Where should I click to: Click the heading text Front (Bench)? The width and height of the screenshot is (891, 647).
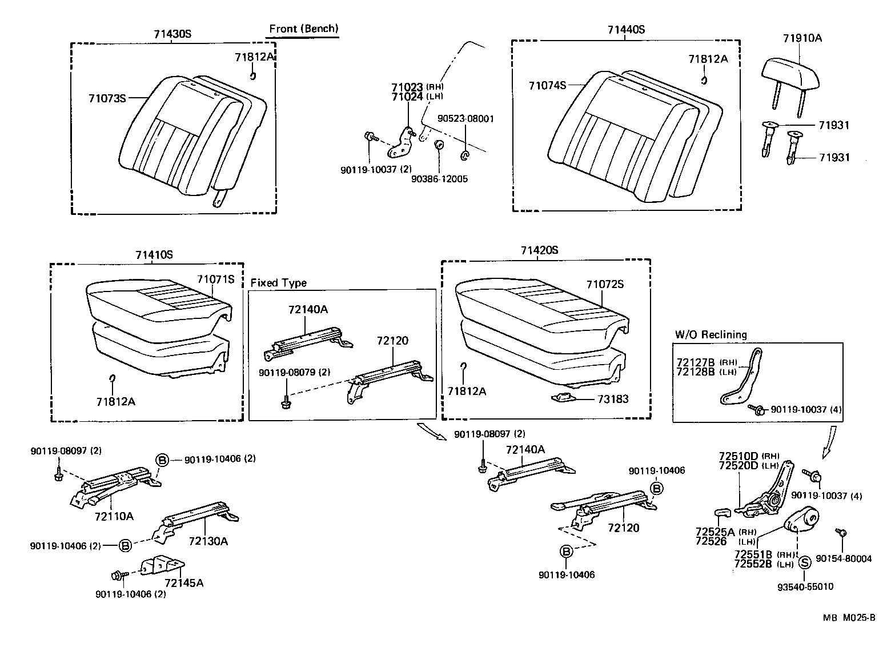(x=303, y=29)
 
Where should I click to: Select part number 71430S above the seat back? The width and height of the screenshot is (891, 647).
(x=172, y=34)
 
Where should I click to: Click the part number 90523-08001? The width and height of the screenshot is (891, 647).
(x=465, y=119)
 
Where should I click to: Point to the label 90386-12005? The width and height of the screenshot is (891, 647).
(x=439, y=179)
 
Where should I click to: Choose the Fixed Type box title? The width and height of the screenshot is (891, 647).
(x=278, y=283)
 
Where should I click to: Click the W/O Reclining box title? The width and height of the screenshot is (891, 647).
(x=711, y=334)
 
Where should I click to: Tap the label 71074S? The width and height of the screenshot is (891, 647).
(x=547, y=86)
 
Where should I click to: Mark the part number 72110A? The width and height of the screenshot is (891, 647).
(x=114, y=516)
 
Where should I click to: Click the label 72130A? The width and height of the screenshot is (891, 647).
(x=208, y=541)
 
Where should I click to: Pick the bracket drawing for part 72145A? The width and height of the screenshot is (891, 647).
(x=163, y=565)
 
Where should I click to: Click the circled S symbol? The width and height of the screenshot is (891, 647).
(x=804, y=562)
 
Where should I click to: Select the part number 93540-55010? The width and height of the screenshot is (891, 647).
(x=805, y=586)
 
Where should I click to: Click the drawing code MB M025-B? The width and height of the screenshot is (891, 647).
(x=849, y=618)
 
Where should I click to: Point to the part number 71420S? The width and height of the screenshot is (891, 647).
(x=539, y=250)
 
